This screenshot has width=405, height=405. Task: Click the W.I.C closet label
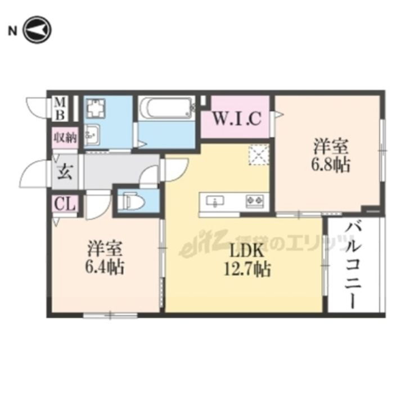click(237, 119)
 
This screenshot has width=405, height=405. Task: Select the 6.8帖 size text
click(330, 165)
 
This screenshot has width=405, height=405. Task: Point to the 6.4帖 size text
click(105, 265)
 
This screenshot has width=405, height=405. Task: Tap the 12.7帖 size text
click(247, 269)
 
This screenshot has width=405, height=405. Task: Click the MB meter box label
click(60, 108)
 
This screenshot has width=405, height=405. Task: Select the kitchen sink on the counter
click(215, 200)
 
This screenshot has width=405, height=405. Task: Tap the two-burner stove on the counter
click(254, 200)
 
